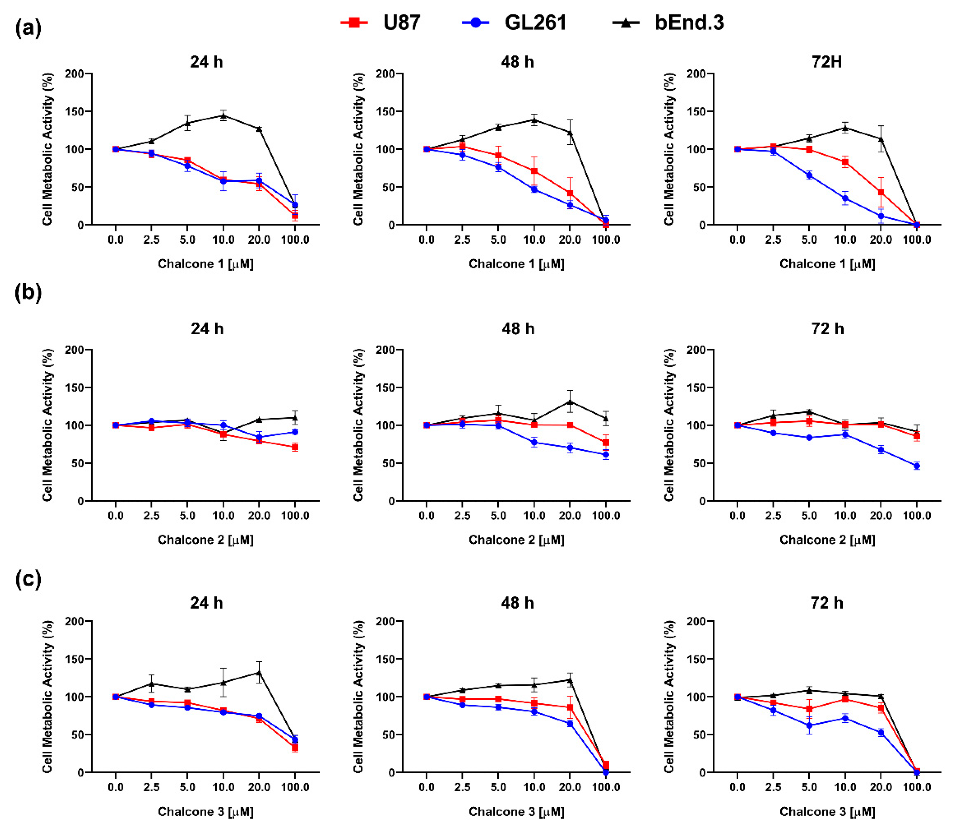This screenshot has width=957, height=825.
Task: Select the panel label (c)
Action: pos(28,579)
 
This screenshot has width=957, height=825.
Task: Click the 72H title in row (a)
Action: pos(827,62)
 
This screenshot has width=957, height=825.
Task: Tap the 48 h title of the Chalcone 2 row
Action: pos(518,329)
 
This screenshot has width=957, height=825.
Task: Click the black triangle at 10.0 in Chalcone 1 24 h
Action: pos(223,115)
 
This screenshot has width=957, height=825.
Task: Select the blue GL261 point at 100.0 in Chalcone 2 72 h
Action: pos(917,466)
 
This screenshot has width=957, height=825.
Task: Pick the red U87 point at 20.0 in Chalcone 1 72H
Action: pos(881,192)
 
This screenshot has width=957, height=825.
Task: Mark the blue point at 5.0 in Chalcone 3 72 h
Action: pos(809,725)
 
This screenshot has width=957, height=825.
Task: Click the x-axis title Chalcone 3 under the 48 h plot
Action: pos(516,811)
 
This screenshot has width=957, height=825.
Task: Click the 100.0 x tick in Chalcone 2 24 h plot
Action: pos(295,515)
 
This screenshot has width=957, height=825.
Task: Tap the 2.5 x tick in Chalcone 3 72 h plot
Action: pos(773,787)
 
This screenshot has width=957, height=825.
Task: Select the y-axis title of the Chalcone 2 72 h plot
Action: pos(669,425)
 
